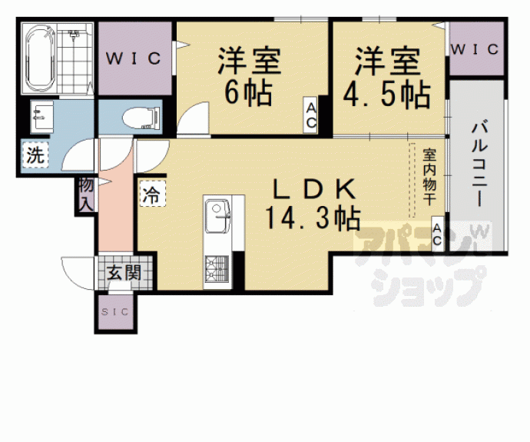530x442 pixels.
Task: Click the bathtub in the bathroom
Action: (38, 58)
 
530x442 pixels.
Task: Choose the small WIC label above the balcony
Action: (475, 49)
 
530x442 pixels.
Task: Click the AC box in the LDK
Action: (436, 234)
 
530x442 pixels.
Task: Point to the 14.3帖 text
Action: (313, 218)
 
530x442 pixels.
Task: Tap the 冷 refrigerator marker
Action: (151, 193)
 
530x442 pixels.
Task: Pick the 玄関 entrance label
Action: (124, 272)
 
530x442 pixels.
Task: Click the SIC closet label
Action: (116, 311)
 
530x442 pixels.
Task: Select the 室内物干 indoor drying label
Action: (428, 178)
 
